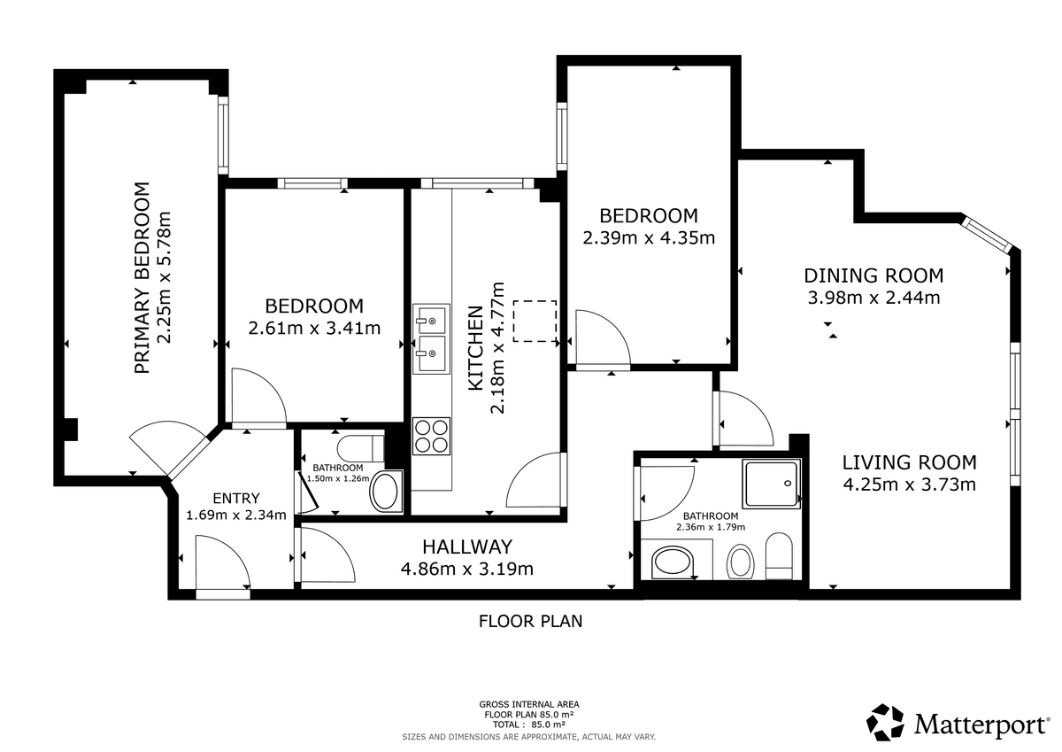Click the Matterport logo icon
pos(885,722)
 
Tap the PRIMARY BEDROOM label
pos(142,278)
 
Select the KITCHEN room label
pos(476,349)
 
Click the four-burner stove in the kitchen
pos(431,436)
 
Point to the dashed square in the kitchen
pos(535,322)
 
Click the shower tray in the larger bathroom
pos(772,484)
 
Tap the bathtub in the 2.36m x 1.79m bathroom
pos(673,562)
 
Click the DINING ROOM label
pos(873,275)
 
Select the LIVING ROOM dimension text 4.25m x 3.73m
pos(910,485)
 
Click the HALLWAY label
pos(467,547)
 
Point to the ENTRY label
pos(236,498)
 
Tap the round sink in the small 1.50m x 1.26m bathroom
pos(385,492)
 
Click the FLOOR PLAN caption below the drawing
pos(530,621)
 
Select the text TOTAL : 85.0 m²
pos(529,725)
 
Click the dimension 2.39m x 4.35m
pos(649,237)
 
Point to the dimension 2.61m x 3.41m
pos(314,329)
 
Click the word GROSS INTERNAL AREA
pos(529,704)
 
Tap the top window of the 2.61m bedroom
pos(312,183)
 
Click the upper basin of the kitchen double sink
pos(431,319)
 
